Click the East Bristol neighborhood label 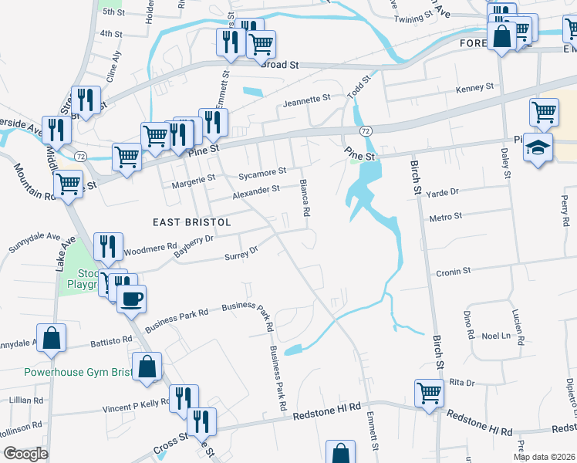pyautogui.click(x=193, y=221)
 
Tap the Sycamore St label pyautogui.click(x=262, y=172)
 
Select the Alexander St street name pyautogui.click(x=256, y=190)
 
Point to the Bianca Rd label pyautogui.click(x=305, y=198)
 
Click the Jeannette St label pyautogui.click(x=306, y=100)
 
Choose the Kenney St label pyautogui.click(x=474, y=89)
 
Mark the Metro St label pyautogui.click(x=446, y=218)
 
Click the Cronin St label pyautogui.click(x=454, y=272)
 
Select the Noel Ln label pyautogui.click(x=497, y=335)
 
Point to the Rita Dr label pyautogui.click(x=460, y=382)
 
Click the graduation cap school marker pyautogui.click(x=538, y=146)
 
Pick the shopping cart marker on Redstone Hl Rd pyautogui.click(x=429, y=392)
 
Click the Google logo pyautogui.click(x=26, y=454)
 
